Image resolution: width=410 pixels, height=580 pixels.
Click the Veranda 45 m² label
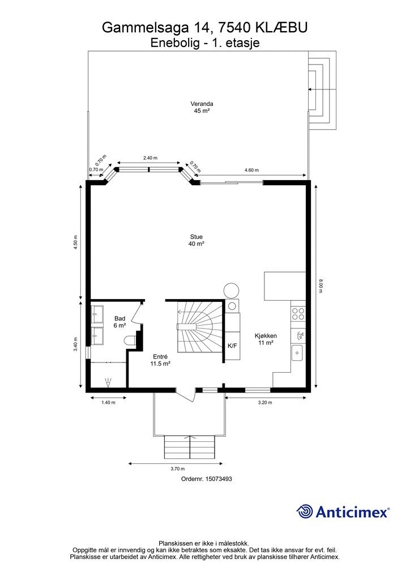202,107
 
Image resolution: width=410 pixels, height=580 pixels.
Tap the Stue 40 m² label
197,240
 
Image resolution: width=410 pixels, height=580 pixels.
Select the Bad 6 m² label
120,322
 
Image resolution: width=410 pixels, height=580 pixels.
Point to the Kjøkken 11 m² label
266,339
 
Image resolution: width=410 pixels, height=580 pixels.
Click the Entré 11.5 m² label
160,360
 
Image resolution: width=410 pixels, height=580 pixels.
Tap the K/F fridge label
232,346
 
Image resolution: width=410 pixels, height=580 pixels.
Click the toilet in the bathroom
130,341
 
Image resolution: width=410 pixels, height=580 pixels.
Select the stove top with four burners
298,314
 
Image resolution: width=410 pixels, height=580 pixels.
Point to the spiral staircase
200,327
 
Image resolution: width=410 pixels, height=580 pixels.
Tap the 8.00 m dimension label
321,285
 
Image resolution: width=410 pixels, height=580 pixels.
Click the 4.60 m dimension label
251,170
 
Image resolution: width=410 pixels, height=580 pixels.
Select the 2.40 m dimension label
150,158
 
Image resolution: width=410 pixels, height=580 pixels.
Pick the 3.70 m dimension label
177,468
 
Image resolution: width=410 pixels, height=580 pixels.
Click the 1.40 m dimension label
108,403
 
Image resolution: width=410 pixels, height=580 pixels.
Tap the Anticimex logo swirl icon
305,511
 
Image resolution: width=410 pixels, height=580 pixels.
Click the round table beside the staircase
232,291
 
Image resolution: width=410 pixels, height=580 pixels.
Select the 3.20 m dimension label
264,403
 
